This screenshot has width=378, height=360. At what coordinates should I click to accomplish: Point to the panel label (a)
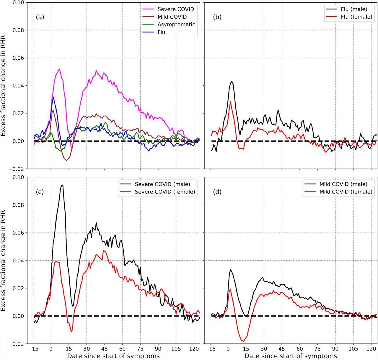click(x=40, y=17)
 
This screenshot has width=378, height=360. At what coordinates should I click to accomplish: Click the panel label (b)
click(x=217, y=17)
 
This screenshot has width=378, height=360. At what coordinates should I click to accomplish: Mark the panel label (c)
click(x=40, y=192)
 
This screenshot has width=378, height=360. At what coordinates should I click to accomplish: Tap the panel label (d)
click(x=217, y=192)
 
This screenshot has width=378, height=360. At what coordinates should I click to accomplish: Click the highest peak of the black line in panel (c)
click(x=62, y=185)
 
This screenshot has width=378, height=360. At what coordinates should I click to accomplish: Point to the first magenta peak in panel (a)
click(x=59, y=69)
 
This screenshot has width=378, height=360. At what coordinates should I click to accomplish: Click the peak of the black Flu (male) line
click(x=232, y=82)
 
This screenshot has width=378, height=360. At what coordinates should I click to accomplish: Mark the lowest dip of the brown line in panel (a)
click(x=66, y=160)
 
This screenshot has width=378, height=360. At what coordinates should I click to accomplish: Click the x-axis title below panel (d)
click(x=291, y=356)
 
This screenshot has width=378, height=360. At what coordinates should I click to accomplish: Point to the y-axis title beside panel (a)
click(x=4, y=86)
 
